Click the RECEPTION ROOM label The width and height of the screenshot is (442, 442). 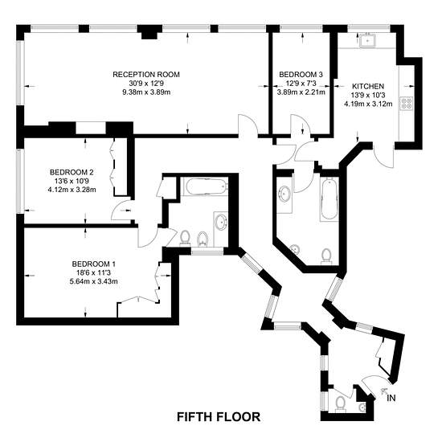pyautogui.click(x=146, y=75)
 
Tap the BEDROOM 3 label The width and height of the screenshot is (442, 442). pyautogui.click(x=301, y=75)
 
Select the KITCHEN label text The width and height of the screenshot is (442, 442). pyautogui.click(x=368, y=86)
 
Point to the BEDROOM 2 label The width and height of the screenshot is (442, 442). pyautogui.click(x=72, y=172)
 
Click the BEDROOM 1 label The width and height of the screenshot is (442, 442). pyautogui.click(x=93, y=264)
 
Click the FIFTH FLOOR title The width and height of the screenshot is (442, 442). pyautogui.click(x=219, y=417)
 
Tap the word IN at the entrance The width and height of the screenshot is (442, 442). pyautogui.click(x=391, y=398)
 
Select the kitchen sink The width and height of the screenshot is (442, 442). pyautogui.click(x=367, y=41)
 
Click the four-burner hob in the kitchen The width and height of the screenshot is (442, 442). pyautogui.click(x=406, y=103)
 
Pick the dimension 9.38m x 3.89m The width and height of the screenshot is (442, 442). pyautogui.click(x=146, y=92)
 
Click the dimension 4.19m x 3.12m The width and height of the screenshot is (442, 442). pyautogui.click(x=368, y=104)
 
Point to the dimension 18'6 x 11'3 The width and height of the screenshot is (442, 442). pyautogui.click(x=93, y=272)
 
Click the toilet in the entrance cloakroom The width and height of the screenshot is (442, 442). pyautogui.click(x=341, y=403)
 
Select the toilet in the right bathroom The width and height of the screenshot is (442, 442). pyautogui.click(x=326, y=256)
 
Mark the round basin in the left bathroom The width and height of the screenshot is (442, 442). pyautogui.click(x=221, y=223)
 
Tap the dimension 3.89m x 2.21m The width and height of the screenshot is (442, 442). pyautogui.click(x=301, y=92)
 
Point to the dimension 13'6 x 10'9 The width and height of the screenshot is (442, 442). pyautogui.click(x=72, y=181)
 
